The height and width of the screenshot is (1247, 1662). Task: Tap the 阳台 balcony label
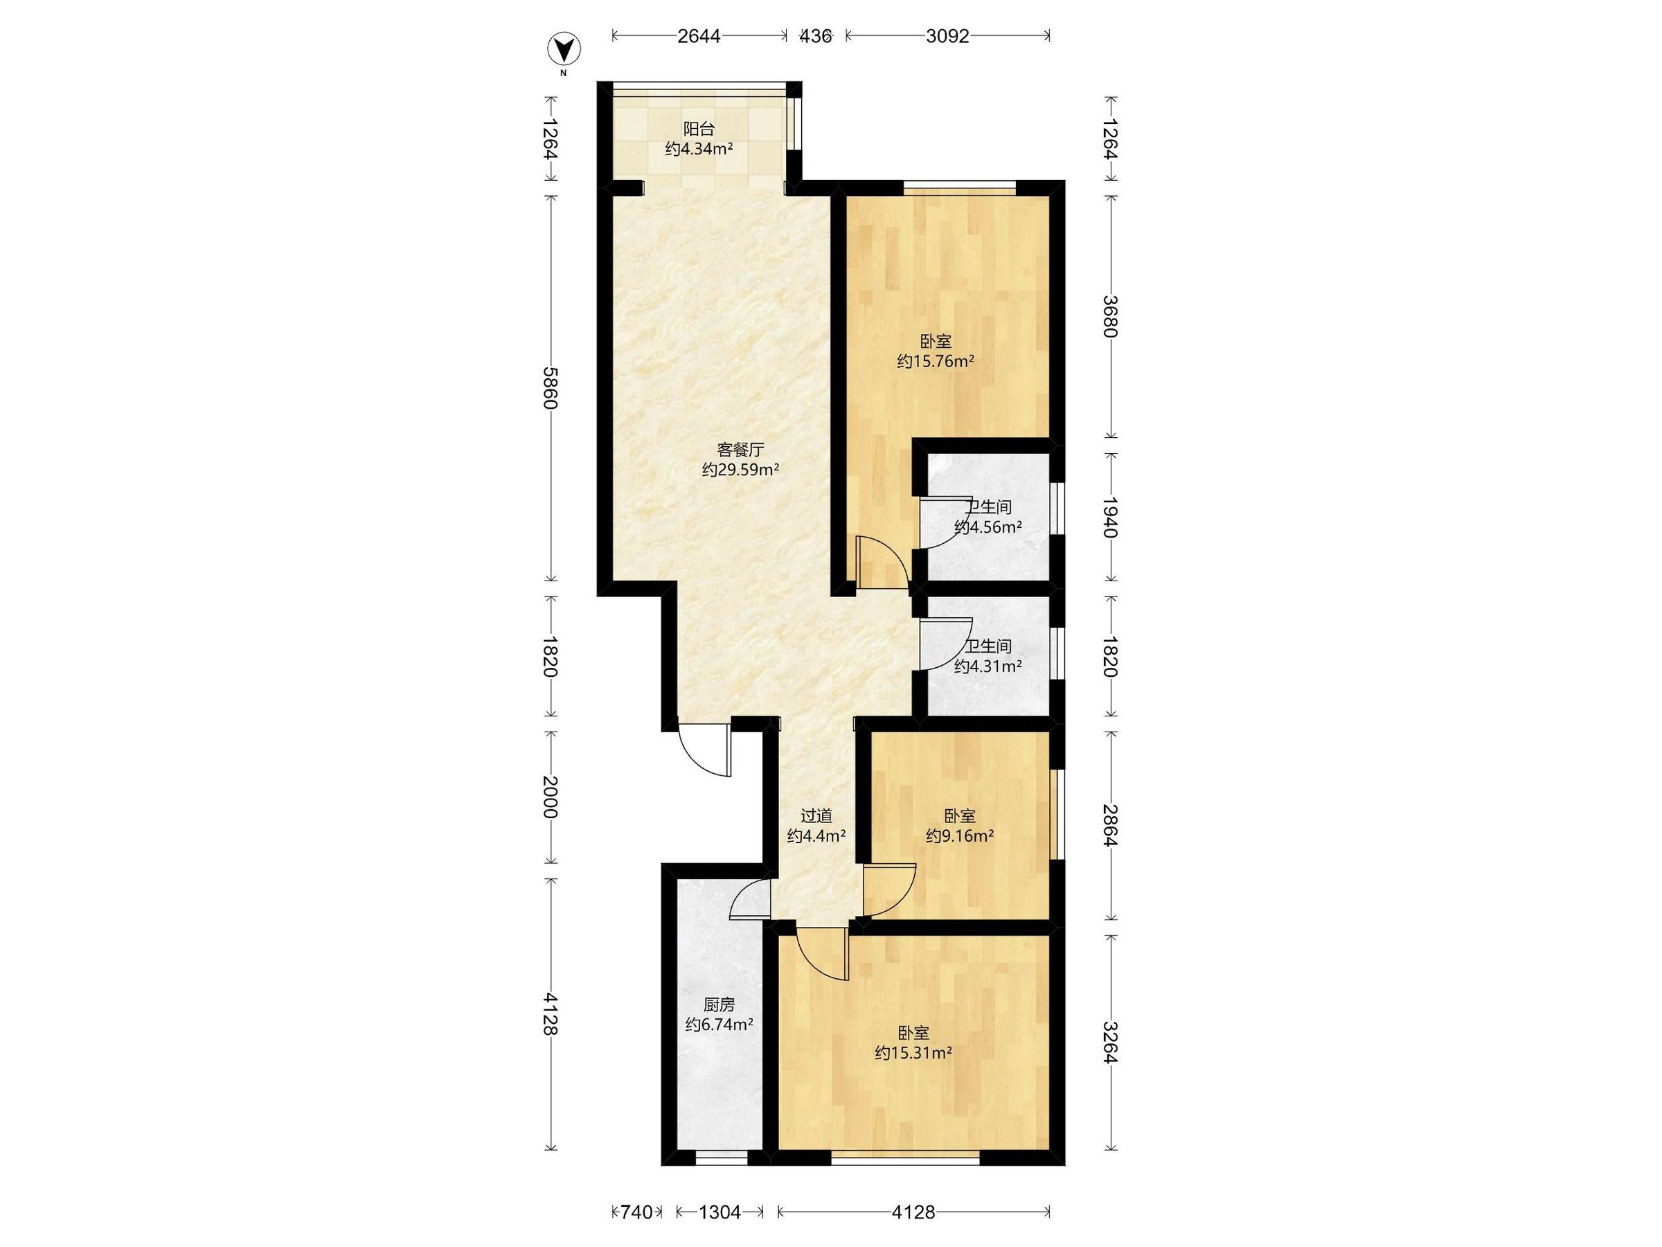699,129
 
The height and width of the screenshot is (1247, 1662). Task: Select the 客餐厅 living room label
740,450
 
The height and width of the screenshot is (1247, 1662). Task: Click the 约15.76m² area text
936,361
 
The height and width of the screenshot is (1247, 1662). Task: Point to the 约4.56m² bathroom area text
988,527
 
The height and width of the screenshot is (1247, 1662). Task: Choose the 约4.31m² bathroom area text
988,666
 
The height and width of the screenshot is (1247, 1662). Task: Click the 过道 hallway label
816,815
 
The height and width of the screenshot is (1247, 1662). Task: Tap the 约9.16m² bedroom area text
960,835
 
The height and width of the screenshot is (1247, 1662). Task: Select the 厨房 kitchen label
719,1005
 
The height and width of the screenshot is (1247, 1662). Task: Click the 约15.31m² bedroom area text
913,1053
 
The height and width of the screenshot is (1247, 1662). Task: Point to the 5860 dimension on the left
551,388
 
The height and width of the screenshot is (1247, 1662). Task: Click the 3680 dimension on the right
1111,317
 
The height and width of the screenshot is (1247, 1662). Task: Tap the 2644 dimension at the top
699,36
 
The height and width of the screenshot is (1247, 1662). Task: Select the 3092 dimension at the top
947,36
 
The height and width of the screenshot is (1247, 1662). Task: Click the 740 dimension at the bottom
636,1212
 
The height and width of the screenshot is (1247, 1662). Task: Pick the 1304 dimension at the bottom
720,1212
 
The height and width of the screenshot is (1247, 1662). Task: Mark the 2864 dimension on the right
1111,824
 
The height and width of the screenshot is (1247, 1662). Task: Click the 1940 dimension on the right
1111,517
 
